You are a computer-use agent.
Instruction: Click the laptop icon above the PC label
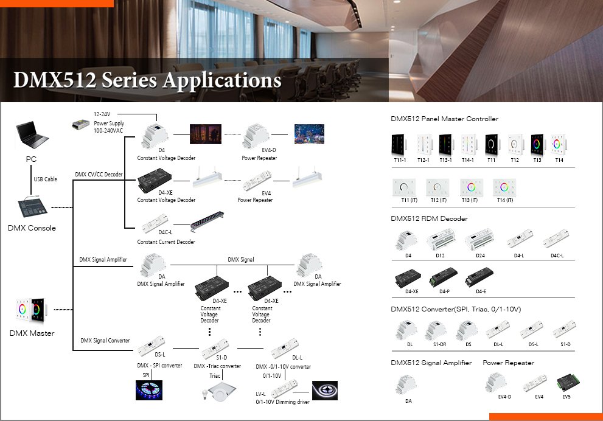click(32, 135)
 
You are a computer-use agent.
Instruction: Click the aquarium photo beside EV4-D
click(309, 134)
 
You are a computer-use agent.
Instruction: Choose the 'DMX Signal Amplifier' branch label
click(103, 260)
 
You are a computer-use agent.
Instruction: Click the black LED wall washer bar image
click(207, 221)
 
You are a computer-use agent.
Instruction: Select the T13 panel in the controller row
click(536, 145)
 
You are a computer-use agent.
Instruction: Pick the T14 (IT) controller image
click(504, 186)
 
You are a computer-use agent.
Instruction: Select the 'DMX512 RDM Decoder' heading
click(429, 218)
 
